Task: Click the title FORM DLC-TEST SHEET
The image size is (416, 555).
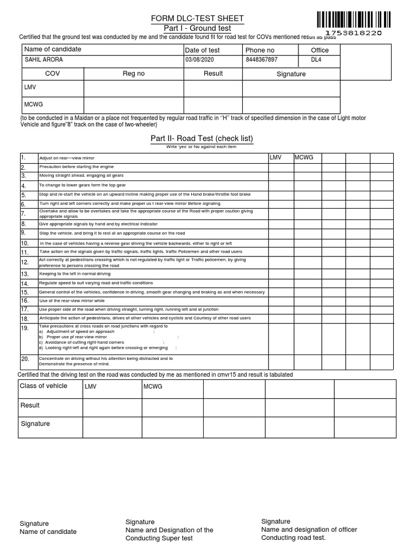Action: click(x=197, y=19)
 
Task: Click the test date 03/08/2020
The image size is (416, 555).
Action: click(x=200, y=60)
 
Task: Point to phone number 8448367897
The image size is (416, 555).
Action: click(x=261, y=60)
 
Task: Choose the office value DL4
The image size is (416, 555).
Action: click(x=316, y=60)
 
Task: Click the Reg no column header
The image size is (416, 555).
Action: click(x=133, y=74)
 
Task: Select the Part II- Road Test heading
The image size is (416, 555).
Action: click(x=201, y=139)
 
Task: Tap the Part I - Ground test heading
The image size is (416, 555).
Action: click(x=197, y=28)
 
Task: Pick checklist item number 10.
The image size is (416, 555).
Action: click(x=25, y=243)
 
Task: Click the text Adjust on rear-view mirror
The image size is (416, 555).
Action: click(x=67, y=158)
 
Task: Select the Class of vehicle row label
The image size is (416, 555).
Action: click(x=43, y=386)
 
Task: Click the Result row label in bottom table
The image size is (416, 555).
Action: click(x=30, y=405)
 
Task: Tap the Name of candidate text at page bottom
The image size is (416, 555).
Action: click(x=48, y=532)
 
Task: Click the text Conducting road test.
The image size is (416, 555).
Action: click(x=293, y=538)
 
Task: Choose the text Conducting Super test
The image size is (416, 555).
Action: click(x=159, y=538)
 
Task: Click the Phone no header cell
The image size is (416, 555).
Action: click(x=260, y=50)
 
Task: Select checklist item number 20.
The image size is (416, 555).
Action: click(x=25, y=359)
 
